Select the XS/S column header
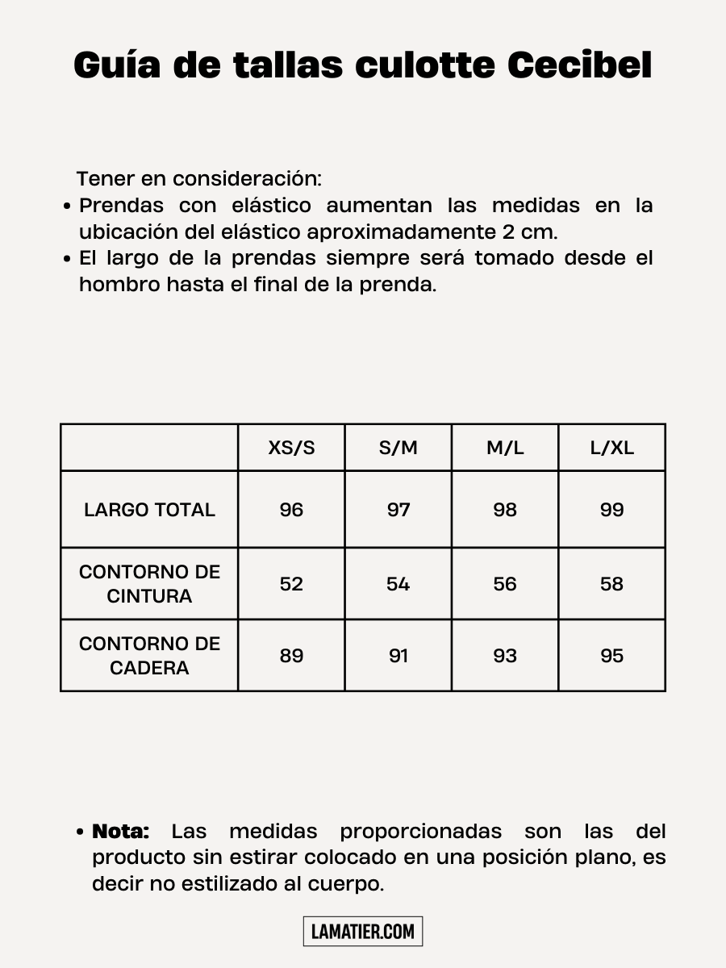click(x=291, y=448)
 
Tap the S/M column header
click(x=398, y=448)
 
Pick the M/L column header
click(x=505, y=448)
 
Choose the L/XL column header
click(x=611, y=448)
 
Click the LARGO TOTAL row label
click(x=149, y=510)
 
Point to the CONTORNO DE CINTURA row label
click(x=149, y=584)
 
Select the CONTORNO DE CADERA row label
click(x=149, y=656)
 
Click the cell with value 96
click(x=291, y=510)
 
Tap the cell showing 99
click(x=611, y=510)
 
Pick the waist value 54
click(x=398, y=584)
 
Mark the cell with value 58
click(x=611, y=584)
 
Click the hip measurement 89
click(x=291, y=656)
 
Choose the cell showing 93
click(x=505, y=656)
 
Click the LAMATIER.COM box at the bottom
click(x=363, y=932)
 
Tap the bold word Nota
click(x=121, y=832)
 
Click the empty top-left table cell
click(x=149, y=448)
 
